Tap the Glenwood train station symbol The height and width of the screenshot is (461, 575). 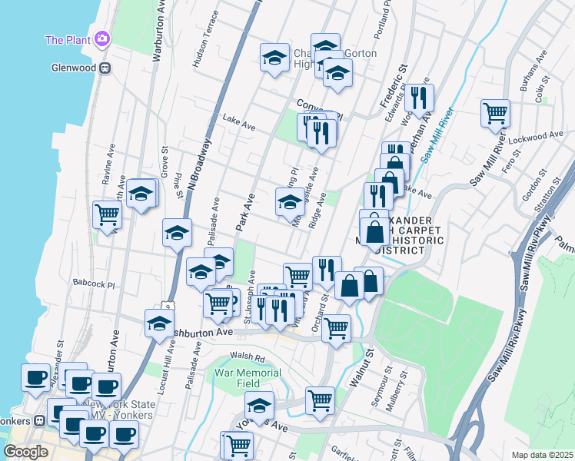point(106,67)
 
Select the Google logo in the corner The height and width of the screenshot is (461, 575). point(25,452)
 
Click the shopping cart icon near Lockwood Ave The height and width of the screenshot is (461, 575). point(495,113)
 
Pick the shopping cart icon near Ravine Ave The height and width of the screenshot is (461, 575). point(107,214)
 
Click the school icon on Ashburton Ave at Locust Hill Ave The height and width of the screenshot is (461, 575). point(159,323)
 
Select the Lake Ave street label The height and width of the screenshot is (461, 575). point(238,119)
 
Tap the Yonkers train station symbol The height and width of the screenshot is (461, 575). point(38,421)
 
